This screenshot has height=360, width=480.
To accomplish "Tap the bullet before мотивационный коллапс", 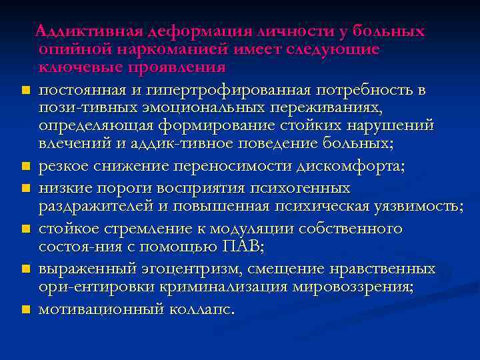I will click(x=23, y=310).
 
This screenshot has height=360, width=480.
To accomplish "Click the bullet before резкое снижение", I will click(x=23, y=167).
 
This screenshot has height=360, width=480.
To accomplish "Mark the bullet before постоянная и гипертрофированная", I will click(x=23, y=90).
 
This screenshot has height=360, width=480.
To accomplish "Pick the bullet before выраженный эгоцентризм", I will click(x=23, y=269).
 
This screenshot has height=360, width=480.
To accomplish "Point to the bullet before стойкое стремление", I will click(x=23, y=229).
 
